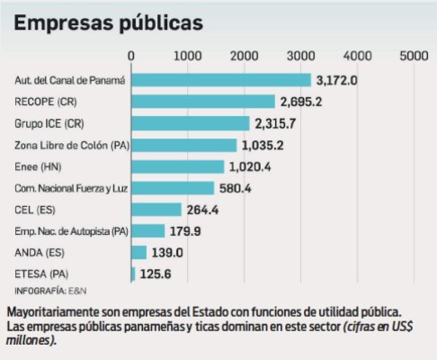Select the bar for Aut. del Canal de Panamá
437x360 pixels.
click(221, 80)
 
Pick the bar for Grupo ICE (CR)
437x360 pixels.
click(191, 123)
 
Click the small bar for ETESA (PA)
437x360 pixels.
click(134, 274)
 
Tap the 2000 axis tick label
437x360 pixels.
click(245, 56)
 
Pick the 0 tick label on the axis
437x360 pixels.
click(132, 56)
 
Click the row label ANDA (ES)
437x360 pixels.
click(40, 253)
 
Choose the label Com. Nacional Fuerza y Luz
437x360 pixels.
click(67, 188)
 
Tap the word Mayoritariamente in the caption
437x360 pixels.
click(53, 311)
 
